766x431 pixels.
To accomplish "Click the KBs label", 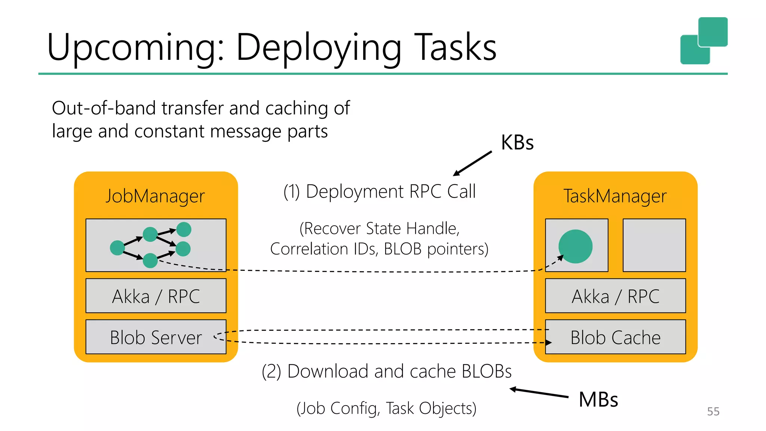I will [517, 143].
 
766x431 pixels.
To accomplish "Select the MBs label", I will [598, 400].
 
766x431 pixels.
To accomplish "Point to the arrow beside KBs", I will [473, 163].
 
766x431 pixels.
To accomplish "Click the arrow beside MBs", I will [539, 392].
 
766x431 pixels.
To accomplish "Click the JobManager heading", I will [155, 196].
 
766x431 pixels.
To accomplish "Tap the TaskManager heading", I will [615, 196].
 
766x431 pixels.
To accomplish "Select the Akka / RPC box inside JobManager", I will [156, 296].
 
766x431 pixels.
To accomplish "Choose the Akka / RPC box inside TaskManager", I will [615, 296].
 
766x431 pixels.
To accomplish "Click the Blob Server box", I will [156, 337].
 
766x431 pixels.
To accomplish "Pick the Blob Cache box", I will [615, 337].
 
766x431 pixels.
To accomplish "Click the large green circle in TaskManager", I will [575, 246].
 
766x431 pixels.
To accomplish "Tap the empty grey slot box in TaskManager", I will [654, 245].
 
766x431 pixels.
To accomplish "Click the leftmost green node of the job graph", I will [117, 248].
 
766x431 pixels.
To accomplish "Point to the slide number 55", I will [713, 412].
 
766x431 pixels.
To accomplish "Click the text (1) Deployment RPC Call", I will [379, 192].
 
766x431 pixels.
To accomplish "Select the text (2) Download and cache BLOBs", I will [386, 372].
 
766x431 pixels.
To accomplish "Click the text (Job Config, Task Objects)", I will [386, 408].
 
